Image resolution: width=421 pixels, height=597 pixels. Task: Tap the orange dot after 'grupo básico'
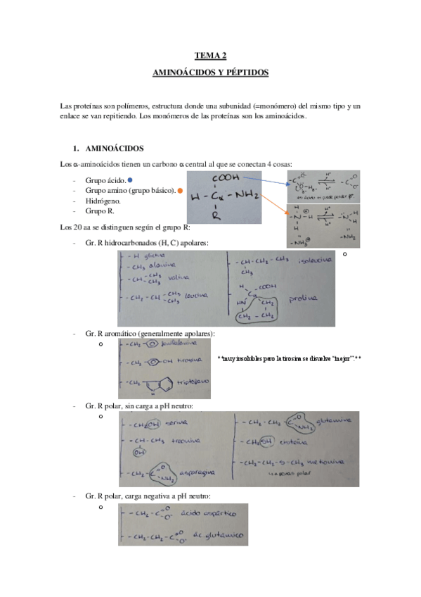[180, 190]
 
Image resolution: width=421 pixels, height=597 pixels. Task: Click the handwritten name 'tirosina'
[186, 360]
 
